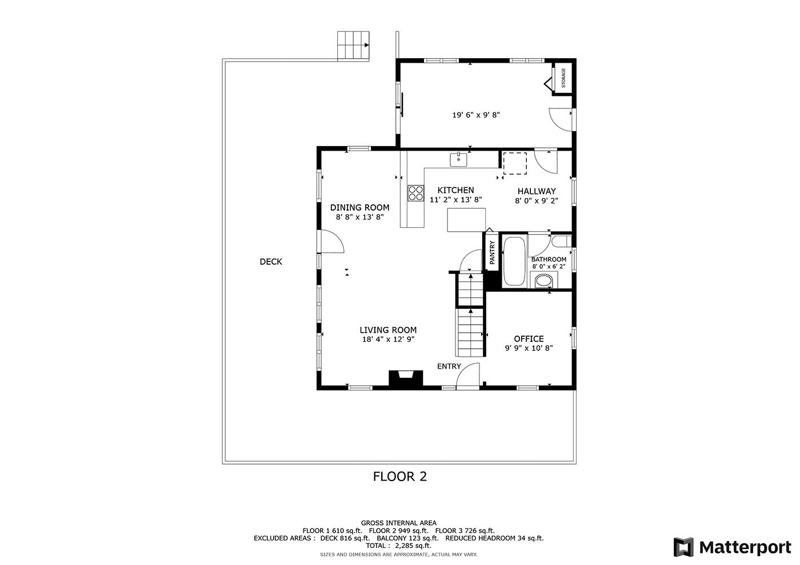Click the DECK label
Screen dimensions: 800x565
click(x=271, y=262)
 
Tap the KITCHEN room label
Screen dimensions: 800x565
click(x=456, y=190)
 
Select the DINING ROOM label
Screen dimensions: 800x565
click(x=359, y=207)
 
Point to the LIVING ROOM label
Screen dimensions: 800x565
click(x=388, y=330)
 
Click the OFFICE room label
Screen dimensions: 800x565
click(x=529, y=339)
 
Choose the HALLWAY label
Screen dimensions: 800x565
click(x=537, y=191)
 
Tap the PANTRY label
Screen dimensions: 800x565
click(x=492, y=252)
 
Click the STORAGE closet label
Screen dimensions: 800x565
click(x=563, y=78)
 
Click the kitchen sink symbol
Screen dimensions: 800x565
click(x=458, y=159)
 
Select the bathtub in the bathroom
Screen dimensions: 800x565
click(x=514, y=261)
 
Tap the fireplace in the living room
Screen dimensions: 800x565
click(x=406, y=378)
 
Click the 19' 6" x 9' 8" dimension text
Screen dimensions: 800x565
click(x=476, y=115)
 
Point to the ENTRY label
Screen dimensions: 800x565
click(x=449, y=366)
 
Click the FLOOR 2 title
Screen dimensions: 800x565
click(x=399, y=477)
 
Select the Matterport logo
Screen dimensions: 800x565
click(x=733, y=547)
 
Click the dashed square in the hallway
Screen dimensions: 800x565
click(x=515, y=163)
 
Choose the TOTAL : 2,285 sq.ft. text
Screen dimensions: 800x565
click(x=399, y=546)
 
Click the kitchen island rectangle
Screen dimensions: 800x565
click(x=466, y=220)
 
